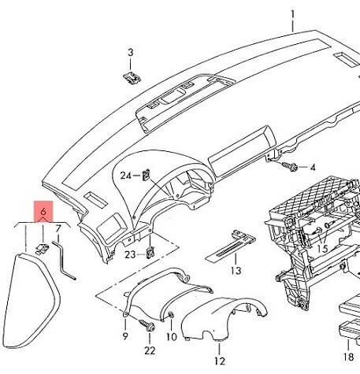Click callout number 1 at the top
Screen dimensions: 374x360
click(292, 14)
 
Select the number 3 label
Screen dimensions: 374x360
click(131, 52)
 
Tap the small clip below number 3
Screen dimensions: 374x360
click(131, 76)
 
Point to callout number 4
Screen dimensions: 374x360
click(311, 168)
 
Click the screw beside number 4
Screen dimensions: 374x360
click(292, 167)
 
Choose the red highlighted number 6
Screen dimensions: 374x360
click(43, 213)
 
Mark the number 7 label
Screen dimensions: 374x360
click(58, 229)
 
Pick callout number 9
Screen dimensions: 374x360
click(125, 337)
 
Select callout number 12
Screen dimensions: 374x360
click(220, 360)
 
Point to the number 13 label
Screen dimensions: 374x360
click(235, 271)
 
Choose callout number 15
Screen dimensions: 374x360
click(322, 249)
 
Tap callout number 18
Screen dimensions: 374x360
click(347, 355)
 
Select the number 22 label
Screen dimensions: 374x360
click(150, 350)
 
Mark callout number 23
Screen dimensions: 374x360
click(129, 254)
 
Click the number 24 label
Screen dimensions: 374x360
click(125, 176)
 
